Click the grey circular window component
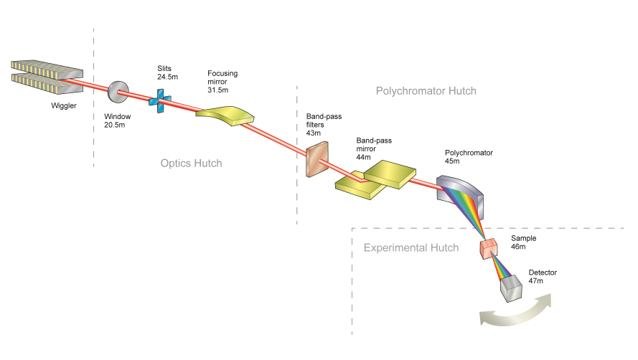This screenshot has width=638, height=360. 117,91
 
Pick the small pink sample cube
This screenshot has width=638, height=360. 489,249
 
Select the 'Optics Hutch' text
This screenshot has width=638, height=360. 191,164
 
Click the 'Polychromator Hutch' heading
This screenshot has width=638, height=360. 426,91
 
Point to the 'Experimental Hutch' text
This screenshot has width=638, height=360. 411,248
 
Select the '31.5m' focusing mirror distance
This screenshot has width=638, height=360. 217,90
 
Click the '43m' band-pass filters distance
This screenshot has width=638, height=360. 313,132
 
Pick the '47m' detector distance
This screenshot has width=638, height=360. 536,281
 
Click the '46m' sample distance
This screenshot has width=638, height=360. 518,247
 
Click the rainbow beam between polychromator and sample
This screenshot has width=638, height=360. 473,218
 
